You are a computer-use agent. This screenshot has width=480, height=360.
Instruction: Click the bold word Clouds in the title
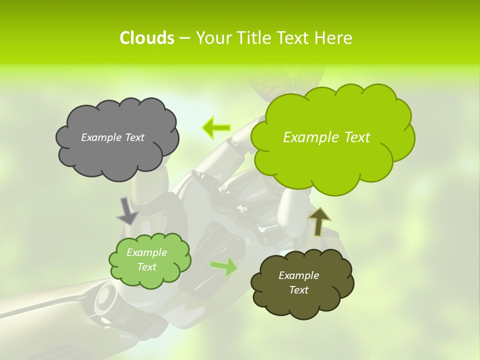point(146,38)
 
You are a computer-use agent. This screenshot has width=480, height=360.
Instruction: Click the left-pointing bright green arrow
point(216,128)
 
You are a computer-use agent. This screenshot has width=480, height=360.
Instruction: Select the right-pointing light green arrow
point(224,266)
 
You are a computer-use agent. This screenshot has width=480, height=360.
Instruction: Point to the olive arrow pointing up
point(319,221)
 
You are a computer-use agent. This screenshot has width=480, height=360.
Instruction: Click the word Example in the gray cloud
point(100,137)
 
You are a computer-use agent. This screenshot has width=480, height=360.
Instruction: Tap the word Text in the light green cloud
point(147,267)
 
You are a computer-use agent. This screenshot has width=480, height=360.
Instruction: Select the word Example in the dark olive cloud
point(298,275)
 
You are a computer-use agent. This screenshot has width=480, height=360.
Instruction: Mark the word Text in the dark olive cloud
point(298,290)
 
